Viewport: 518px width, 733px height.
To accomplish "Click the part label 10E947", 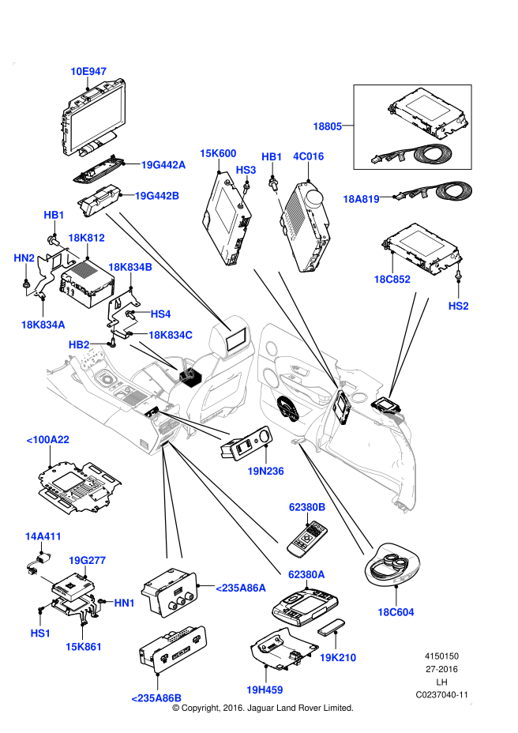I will pos(88,72).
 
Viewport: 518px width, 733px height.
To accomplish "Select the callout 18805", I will pos(328,126).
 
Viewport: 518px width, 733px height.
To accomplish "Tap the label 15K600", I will pos(218,153).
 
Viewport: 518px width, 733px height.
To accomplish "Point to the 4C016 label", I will pos(309,156).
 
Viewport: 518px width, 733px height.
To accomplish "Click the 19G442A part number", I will pos(163,165).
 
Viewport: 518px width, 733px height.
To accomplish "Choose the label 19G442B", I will pos(157,196).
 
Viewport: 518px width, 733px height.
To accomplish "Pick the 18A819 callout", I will pos(361,199).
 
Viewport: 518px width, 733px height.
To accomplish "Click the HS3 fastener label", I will pos(246,170).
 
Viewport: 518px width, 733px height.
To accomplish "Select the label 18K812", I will pos(86,238).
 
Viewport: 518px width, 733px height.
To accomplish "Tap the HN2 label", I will pos(24,258).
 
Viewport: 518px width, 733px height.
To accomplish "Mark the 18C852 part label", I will pos(392,279).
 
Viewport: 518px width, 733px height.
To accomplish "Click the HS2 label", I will pos(458,306).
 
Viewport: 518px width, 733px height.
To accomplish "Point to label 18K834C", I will pos(171,335).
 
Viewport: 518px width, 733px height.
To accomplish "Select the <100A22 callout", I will pos(48,440).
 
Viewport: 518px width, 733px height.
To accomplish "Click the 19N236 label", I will pos(265,472).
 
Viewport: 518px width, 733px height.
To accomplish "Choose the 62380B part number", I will pos(307,507).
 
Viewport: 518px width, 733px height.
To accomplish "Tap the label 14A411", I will pos(43,536).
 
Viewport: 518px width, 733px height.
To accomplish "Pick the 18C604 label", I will pos(396,612).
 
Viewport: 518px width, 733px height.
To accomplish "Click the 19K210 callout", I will pos(338,657).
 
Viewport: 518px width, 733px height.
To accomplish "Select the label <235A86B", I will pos(156,698).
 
